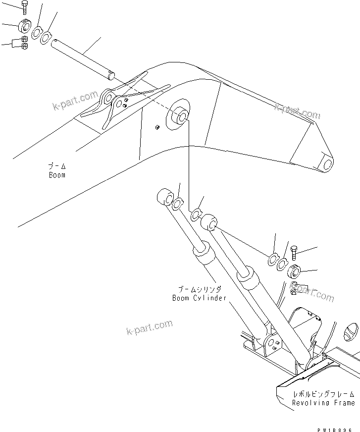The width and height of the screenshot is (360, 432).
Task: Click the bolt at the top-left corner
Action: tap(25, 7)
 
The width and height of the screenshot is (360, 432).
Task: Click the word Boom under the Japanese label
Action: tap(57, 175)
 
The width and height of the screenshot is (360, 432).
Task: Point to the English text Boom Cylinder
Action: tap(199, 298)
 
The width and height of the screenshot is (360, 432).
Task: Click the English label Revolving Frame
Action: tap(323, 403)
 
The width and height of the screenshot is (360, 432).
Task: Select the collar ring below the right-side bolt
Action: tap(295, 271)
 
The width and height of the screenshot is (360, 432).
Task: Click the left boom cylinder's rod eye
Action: tap(164, 197)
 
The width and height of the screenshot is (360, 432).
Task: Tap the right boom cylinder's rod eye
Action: tap(209, 222)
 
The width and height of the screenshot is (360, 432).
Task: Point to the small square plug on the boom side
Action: tap(157, 127)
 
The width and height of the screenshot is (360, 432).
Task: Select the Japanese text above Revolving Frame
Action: tap(323, 394)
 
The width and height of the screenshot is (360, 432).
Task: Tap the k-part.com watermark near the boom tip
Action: tap(297, 112)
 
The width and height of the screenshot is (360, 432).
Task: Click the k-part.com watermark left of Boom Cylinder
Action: tap(149, 327)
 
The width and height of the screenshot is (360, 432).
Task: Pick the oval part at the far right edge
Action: tap(350, 330)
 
